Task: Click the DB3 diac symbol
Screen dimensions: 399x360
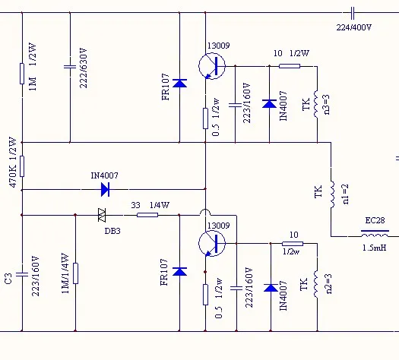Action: point(102,215)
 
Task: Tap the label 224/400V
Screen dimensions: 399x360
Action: point(353,27)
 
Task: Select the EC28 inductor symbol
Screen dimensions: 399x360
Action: point(375,234)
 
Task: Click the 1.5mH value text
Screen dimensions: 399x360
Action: point(375,248)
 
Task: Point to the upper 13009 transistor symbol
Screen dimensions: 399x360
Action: point(212,66)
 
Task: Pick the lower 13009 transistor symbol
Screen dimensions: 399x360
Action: point(212,244)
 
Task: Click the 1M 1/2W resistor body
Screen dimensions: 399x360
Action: point(22,74)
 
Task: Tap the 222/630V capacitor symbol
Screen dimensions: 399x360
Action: point(70,67)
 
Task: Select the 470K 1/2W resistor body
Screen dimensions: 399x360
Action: point(22,166)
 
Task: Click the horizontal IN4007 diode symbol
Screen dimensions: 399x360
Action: point(105,189)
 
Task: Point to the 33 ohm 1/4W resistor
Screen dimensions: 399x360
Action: point(147,215)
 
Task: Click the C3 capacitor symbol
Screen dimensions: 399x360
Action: point(22,274)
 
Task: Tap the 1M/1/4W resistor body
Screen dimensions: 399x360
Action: point(75,273)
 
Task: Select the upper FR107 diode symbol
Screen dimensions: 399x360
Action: point(179,83)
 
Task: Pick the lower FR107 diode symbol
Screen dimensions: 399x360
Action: point(179,272)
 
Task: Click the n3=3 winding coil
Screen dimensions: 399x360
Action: point(316,104)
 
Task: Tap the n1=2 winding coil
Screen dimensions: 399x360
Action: point(333,194)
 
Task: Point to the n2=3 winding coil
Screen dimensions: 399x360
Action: point(316,284)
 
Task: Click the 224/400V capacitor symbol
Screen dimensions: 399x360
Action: point(352,13)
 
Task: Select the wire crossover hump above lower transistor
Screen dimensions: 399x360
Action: point(205,211)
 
